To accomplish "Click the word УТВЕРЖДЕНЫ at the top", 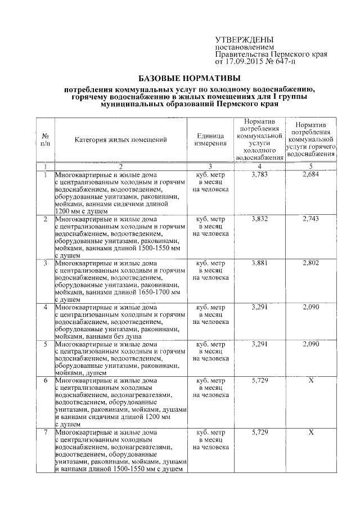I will point(244,40).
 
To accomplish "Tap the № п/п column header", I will point(46,139).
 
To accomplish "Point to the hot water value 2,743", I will point(310,219).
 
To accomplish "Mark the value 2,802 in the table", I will point(310,263).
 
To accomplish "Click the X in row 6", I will point(310,381).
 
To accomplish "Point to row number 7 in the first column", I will point(45,432).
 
